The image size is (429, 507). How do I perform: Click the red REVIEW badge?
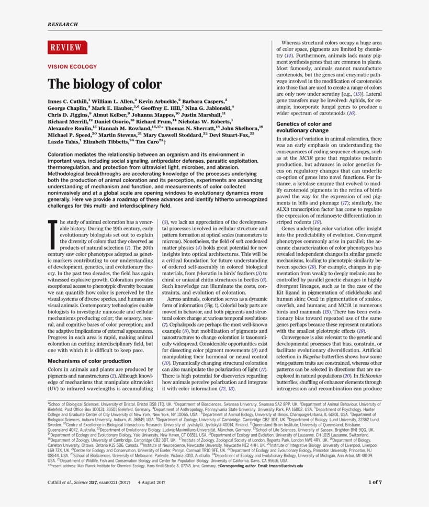[65, 48]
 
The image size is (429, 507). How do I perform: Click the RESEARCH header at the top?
[63, 24]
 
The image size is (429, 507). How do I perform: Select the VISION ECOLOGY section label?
[72, 67]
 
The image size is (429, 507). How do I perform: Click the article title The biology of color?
[105, 84]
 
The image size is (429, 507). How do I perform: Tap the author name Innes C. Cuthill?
[67, 100]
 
